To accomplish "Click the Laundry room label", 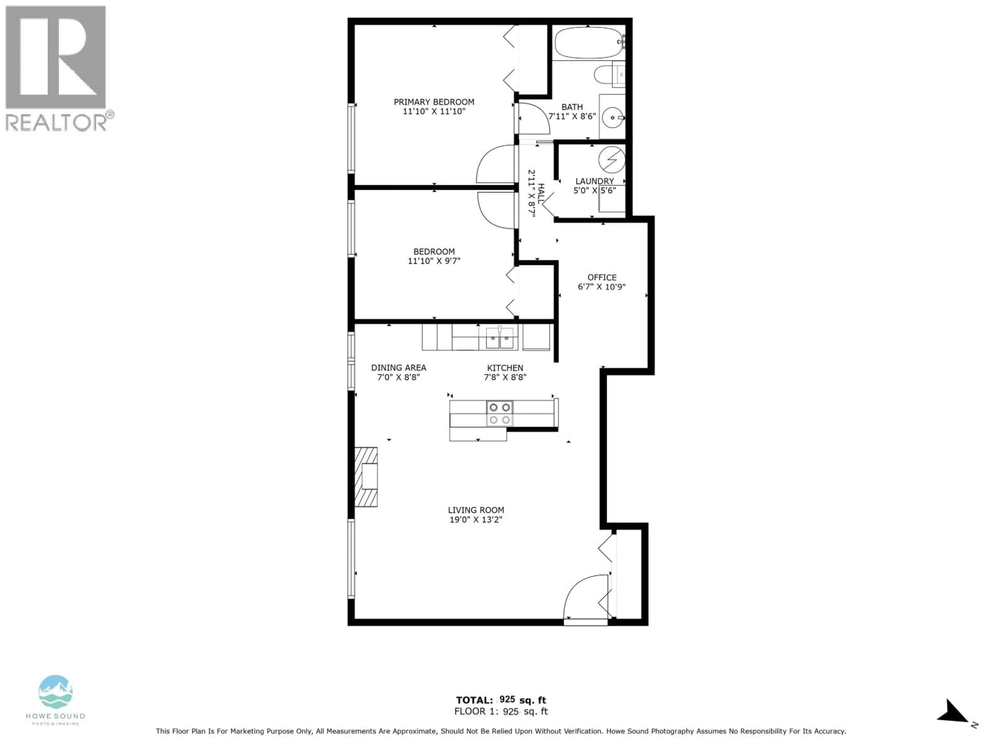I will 594,181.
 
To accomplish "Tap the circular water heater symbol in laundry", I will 612,160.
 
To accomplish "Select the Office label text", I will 601,277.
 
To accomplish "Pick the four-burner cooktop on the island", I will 500,413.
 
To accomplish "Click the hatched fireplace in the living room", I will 366,477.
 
